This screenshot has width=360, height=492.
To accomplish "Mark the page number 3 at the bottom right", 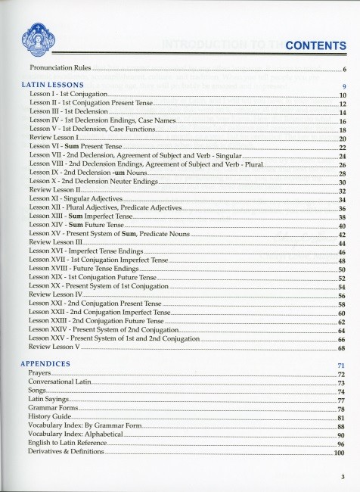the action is pos(342,475).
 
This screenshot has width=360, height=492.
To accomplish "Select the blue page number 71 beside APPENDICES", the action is pos(341,366).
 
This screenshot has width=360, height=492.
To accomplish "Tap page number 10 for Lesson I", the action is pos(342,96).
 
